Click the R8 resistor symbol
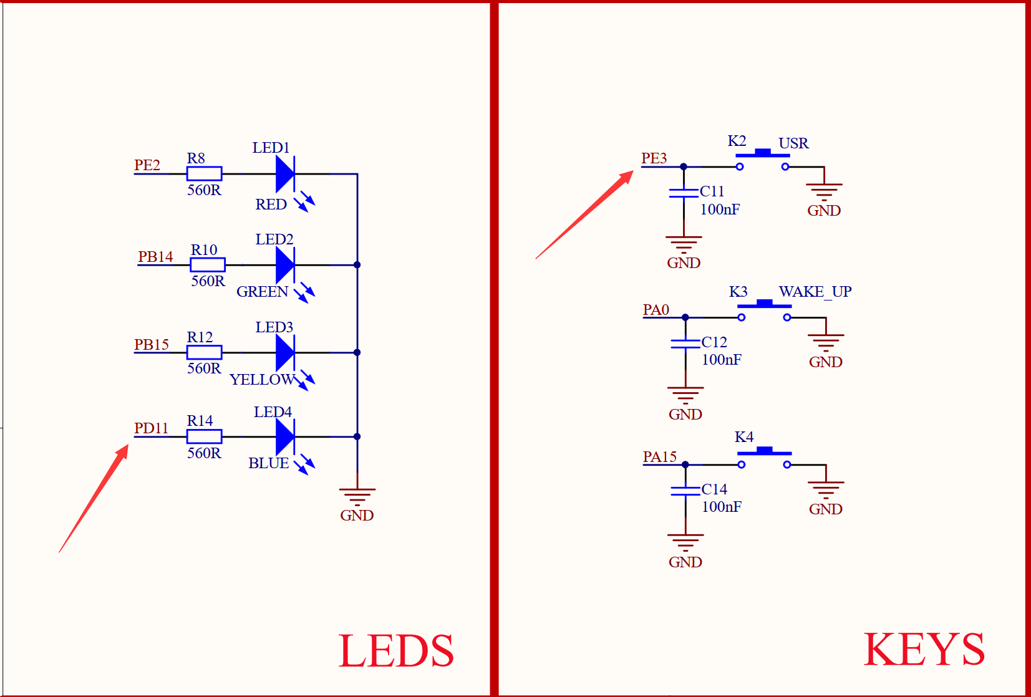[x=204, y=174]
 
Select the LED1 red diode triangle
[x=285, y=174]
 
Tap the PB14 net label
[x=155, y=257]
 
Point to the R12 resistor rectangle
[x=204, y=352]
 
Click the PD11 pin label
[x=151, y=428]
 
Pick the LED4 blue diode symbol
[x=285, y=436]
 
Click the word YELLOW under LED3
[x=262, y=380]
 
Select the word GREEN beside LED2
[x=262, y=292]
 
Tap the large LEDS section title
[x=396, y=651]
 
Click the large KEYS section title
[x=924, y=650]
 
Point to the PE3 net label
[x=654, y=158]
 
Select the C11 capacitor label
[x=712, y=191]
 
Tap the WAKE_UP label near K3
[x=815, y=292]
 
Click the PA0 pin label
[x=656, y=310]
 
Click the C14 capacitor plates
[x=685, y=491]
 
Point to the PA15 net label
[x=659, y=457]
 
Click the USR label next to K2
[x=793, y=143]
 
